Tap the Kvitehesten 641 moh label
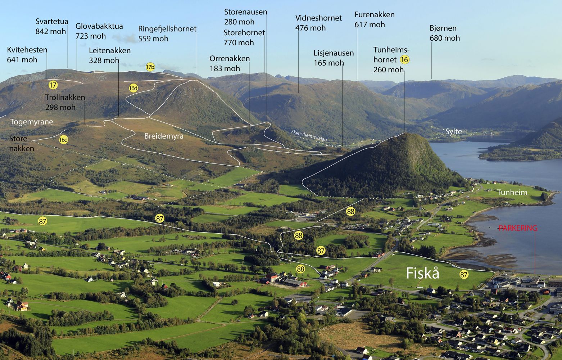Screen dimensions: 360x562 (27, 55)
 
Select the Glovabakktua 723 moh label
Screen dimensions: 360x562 (99, 31)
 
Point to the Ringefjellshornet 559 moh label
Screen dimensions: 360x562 (167, 33)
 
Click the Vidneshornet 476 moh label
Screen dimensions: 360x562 (318, 23)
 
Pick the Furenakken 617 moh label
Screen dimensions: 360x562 (374, 19)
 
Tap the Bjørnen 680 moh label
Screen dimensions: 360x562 (444, 33)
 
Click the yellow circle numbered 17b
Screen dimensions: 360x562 (150, 67)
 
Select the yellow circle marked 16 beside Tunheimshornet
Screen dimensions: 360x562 (404, 60)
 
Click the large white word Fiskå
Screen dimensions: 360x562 (423, 273)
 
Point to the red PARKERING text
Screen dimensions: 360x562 (518, 228)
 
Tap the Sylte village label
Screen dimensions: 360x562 (453, 131)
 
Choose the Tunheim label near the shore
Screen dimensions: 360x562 (512, 193)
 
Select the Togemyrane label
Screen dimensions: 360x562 (31, 122)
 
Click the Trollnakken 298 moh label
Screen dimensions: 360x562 (65, 102)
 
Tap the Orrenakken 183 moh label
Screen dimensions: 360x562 (229, 63)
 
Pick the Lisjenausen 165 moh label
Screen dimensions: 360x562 (334, 58)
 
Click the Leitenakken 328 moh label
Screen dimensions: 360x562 (109, 55)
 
